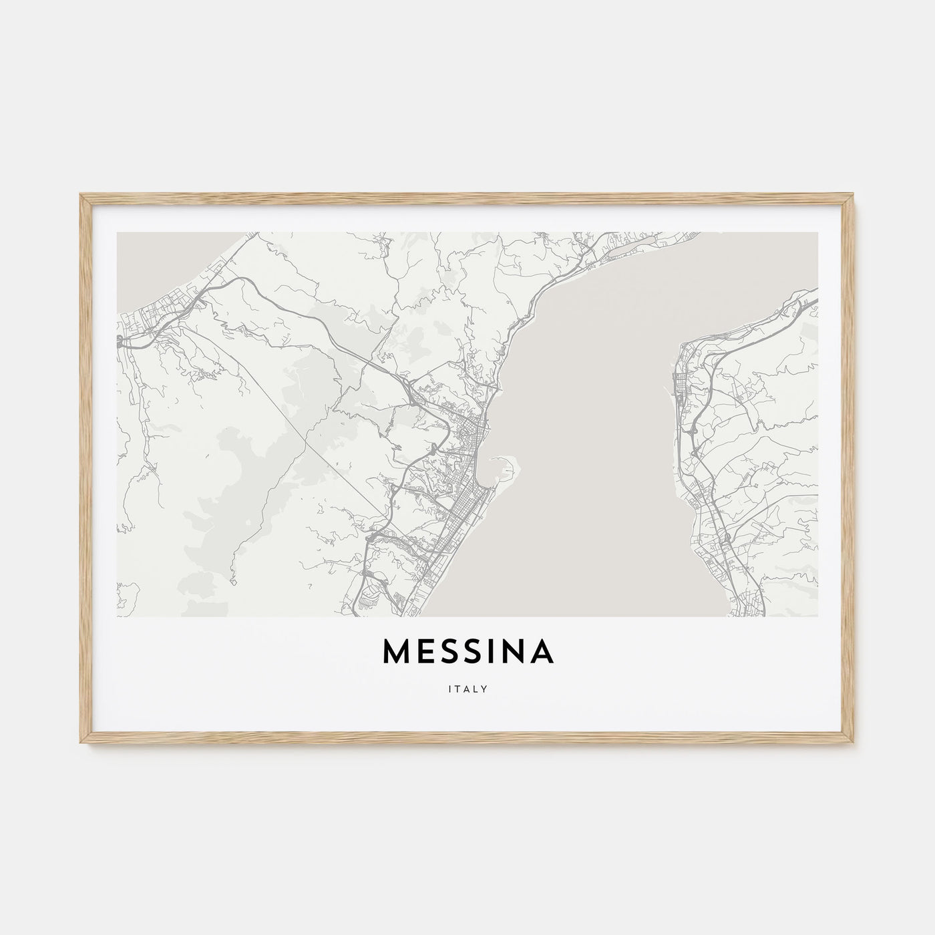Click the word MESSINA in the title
468,653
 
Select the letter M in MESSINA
397,653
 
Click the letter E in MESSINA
424,653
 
